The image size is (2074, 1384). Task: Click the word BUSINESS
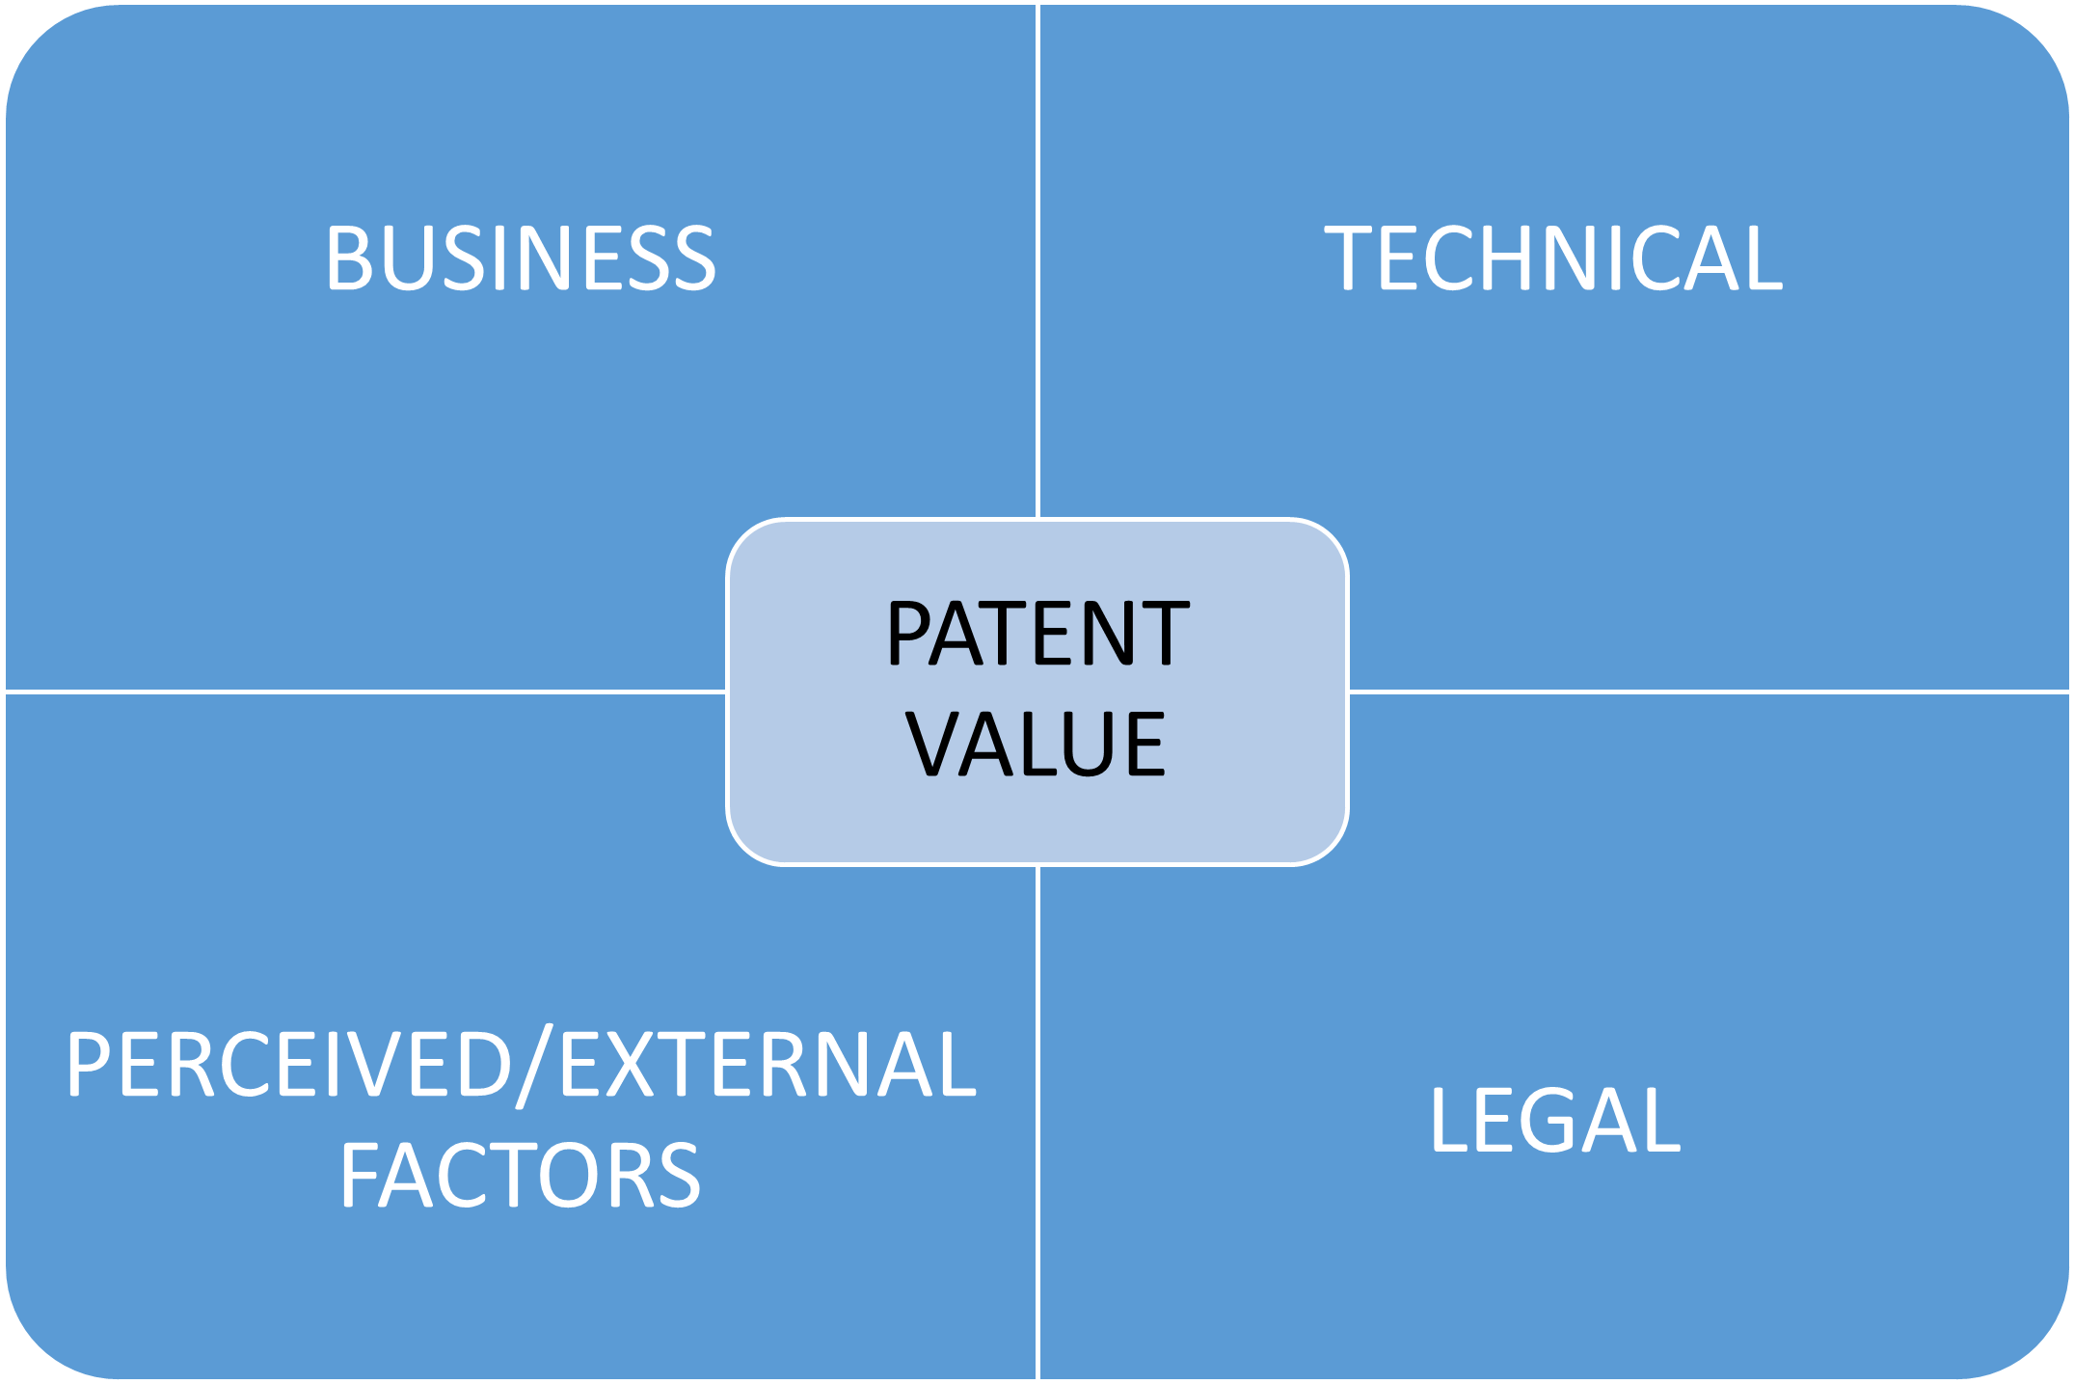[x=521, y=258]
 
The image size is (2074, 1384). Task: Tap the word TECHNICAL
[x=1553, y=258]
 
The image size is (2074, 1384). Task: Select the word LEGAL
[x=1554, y=1120]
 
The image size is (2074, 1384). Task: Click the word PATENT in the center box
[x=1037, y=634]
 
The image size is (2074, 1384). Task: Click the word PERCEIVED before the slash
[x=287, y=1065]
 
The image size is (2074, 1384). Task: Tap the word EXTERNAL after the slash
[x=768, y=1065]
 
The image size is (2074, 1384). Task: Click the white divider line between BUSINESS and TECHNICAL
[x=1037, y=260]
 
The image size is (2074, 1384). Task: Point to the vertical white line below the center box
[x=1037, y=1119]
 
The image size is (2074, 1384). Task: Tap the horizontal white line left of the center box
[x=366, y=692]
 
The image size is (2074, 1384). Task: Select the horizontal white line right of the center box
[x=1707, y=692]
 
